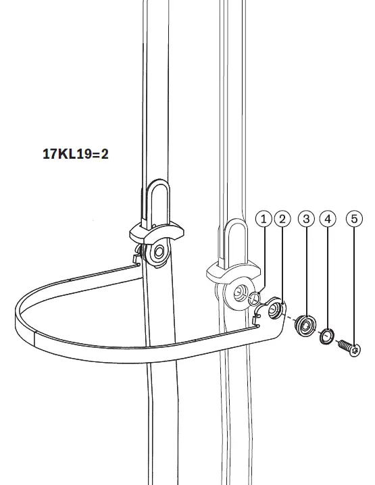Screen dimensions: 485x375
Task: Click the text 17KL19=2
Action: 75,153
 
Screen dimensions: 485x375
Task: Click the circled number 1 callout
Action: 264,219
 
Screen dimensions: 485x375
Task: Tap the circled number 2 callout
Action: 284,219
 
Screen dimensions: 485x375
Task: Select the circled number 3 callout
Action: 307,219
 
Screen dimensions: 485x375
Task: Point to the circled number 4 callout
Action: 328,219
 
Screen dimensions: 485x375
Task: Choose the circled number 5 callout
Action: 353,219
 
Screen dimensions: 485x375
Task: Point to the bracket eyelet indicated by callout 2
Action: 276,310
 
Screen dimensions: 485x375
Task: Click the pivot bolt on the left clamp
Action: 159,253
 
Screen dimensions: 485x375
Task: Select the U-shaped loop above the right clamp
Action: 236,241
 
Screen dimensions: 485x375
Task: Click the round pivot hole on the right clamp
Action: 238,293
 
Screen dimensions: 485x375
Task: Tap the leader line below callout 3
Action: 307,270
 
